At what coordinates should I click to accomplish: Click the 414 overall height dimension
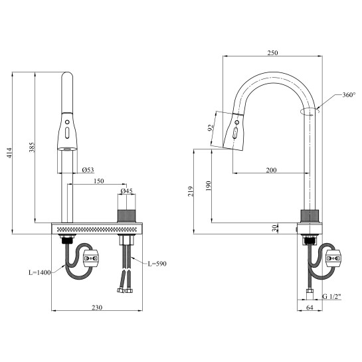pyautogui.click(x=9, y=153)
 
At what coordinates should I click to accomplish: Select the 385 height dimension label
pyautogui.click(x=32, y=147)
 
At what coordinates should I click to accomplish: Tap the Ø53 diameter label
pyautogui.click(x=88, y=170)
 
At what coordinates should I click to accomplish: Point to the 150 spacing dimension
pyautogui.click(x=99, y=181)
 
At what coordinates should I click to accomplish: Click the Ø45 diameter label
pyautogui.click(x=126, y=191)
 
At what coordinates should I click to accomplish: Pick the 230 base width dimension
pyautogui.click(x=97, y=308)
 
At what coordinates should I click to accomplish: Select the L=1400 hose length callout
pyautogui.click(x=39, y=272)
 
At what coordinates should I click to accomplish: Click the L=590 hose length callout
pyautogui.click(x=157, y=264)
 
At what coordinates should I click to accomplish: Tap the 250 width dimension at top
pyautogui.click(x=272, y=53)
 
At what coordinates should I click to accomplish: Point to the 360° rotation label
pyautogui.click(x=349, y=95)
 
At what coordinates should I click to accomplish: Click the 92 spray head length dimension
pyautogui.click(x=211, y=128)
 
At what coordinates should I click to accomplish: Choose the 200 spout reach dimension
pyautogui.click(x=271, y=170)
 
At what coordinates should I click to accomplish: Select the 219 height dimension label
pyautogui.click(x=191, y=191)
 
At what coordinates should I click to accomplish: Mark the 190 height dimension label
pyautogui.click(x=209, y=186)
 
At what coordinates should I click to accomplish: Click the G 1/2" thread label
pyautogui.click(x=331, y=296)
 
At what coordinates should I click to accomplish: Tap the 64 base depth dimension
pyautogui.click(x=310, y=308)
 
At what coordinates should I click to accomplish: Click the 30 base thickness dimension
pyautogui.click(x=274, y=228)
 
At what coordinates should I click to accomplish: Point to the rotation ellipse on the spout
pyautogui.click(x=310, y=112)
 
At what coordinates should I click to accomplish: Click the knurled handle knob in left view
pyautogui.click(x=126, y=217)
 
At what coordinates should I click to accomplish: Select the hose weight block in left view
pyautogui.click(x=91, y=258)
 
